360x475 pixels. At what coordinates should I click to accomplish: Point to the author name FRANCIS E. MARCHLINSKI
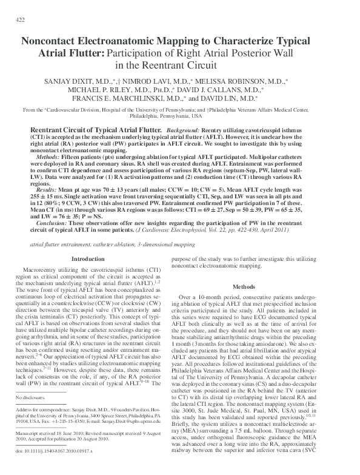pyautogui.click(x=118, y=97)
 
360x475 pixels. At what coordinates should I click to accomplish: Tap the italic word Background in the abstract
pyautogui.click(x=181, y=130)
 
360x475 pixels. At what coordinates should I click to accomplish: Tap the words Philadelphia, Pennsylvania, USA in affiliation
pyautogui.click(x=180, y=115)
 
